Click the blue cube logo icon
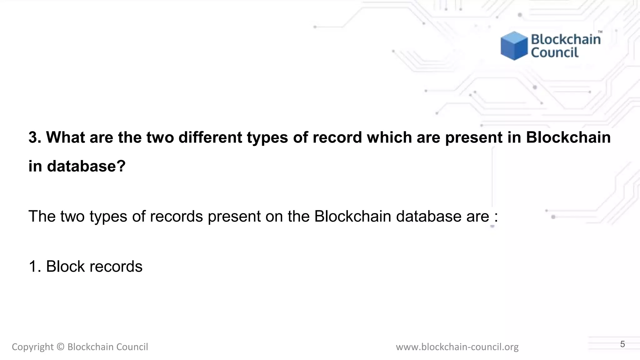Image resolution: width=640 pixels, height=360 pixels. pyautogui.click(x=514, y=46)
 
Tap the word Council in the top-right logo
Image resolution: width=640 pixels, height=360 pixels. pyautogui.click(x=555, y=52)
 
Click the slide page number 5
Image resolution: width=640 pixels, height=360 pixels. pyautogui.click(x=622, y=344)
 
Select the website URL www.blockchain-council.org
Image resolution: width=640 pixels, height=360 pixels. pyautogui.click(x=457, y=347)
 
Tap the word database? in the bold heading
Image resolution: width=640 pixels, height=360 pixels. pyautogui.click(x=86, y=166)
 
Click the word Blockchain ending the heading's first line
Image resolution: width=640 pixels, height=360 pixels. pyautogui.click(x=568, y=137)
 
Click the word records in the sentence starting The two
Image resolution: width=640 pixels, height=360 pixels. pyautogui.click(x=177, y=216)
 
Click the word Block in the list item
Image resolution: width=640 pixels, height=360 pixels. pyautogui.click(x=65, y=267)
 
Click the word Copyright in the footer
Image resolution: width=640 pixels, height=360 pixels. pyautogui.click(x=32, y=347)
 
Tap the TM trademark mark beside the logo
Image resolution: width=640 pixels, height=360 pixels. pyautogui.click(x=600, y=32)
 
